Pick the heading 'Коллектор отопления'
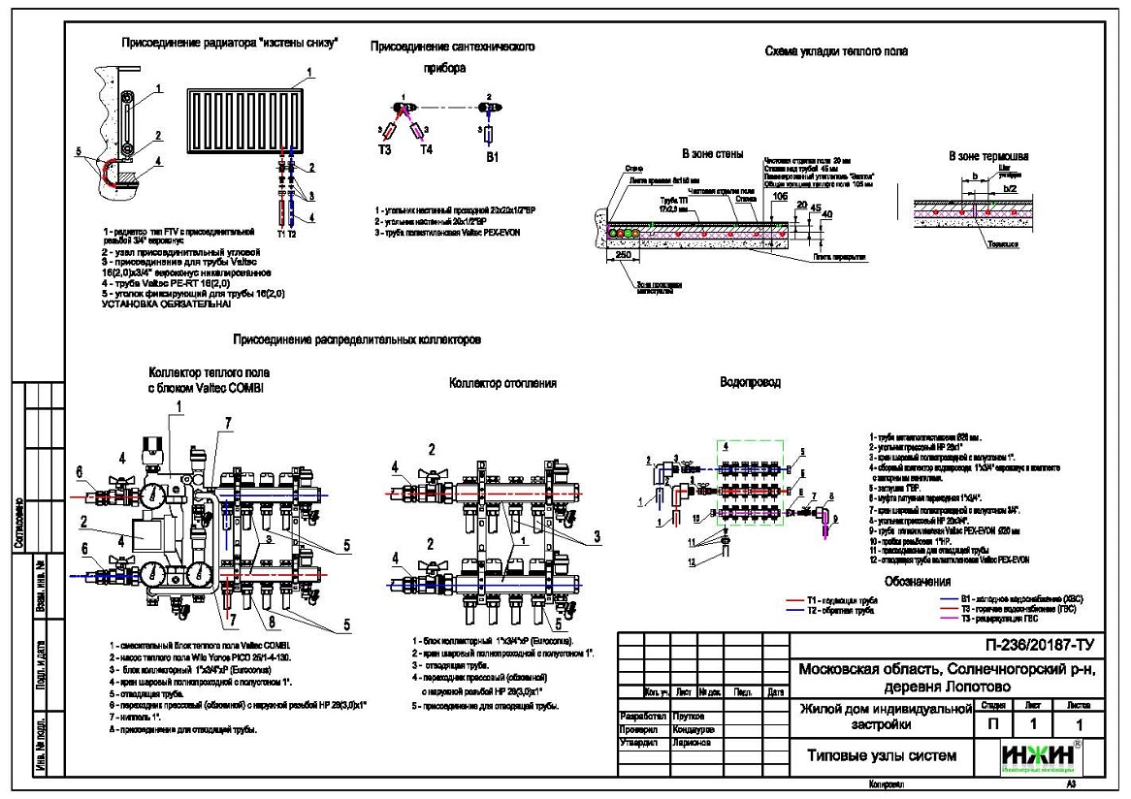click(x=502, y=383)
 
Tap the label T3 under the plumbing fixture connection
click(x=385, y=150)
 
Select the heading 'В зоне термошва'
click(x=988, y=155)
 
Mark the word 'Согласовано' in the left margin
click(x=19, y=525)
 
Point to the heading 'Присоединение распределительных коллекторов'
click(x=357, y=340)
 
